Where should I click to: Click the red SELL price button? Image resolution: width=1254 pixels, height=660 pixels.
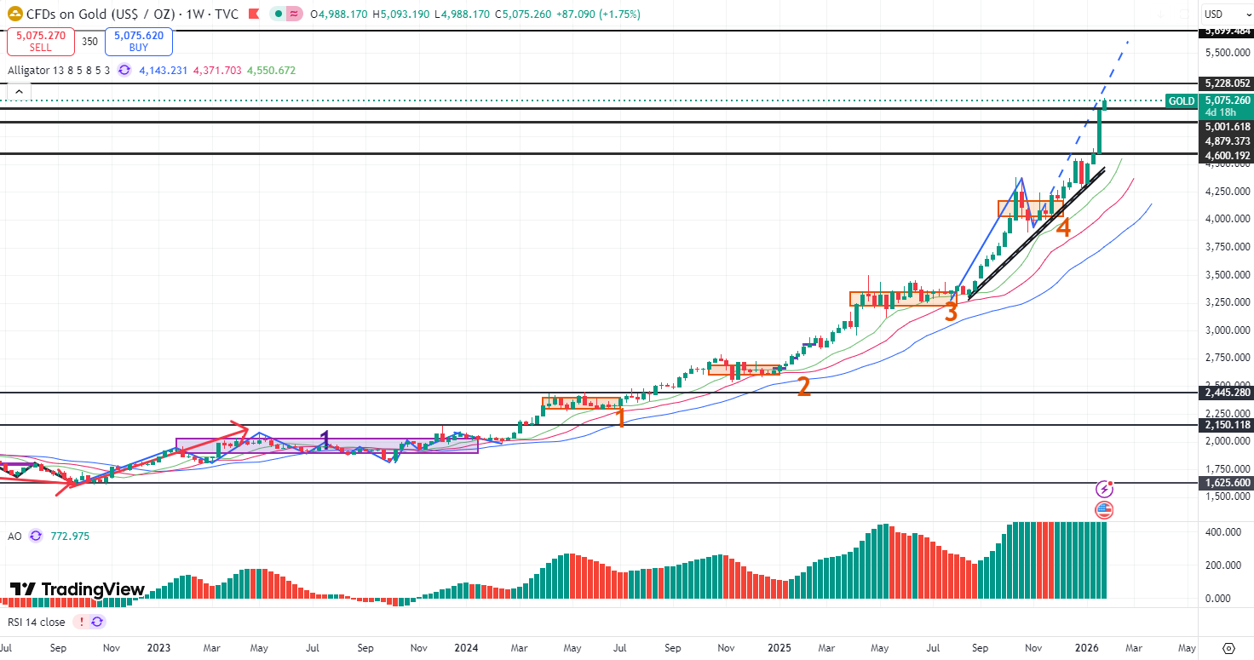click(40, 41)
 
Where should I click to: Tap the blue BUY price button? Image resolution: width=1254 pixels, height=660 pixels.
click(138, 41)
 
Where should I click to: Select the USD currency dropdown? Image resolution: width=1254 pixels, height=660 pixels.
click(1225, 14)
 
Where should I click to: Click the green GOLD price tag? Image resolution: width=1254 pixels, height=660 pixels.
click(1181, 100)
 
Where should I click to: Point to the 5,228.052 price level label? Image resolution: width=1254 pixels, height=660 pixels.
click(1227, 83)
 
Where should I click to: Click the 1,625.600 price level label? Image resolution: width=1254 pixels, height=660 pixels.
click(1227, 483)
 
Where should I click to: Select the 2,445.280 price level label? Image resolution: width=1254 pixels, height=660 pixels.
click(1227, 393)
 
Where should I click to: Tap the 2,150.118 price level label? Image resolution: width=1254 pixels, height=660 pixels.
click(1227, 425)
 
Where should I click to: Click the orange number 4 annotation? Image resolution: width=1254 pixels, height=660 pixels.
click(1063, 227)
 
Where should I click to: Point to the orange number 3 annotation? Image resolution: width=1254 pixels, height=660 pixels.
click(951, 313)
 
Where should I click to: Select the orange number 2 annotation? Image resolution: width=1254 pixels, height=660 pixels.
click(803, 387)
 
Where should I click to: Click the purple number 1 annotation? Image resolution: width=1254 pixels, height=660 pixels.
click(325, 439)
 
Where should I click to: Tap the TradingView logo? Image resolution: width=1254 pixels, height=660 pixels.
click(78, 589)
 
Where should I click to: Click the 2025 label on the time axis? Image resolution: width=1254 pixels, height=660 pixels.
click(779, 647)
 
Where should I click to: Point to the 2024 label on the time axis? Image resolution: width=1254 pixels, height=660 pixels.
click(466, 647)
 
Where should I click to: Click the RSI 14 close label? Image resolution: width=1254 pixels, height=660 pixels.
click(36, 622)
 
